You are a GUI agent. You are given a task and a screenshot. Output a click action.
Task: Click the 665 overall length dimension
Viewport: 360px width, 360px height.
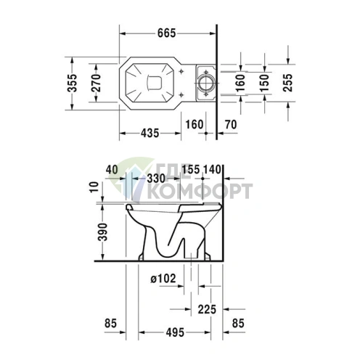[166, 33]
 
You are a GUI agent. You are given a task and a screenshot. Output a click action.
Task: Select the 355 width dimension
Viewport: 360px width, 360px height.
[72, 83]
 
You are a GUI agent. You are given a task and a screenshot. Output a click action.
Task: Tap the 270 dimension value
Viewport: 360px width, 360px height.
[96, 83]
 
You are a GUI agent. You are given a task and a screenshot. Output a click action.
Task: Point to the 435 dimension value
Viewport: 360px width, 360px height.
[150, 133]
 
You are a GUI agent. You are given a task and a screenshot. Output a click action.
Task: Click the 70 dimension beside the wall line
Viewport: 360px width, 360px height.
[231, 125]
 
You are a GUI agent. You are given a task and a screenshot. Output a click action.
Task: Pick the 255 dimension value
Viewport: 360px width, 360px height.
[287, 83]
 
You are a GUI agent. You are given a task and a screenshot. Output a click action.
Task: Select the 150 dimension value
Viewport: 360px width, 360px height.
[264, 83]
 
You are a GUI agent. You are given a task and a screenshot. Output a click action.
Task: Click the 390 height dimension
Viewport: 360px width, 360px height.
[102, 232]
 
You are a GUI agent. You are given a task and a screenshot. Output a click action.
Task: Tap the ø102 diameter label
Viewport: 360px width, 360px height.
[163, 279]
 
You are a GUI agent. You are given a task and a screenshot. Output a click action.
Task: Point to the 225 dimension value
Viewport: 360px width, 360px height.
[207, 309]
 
